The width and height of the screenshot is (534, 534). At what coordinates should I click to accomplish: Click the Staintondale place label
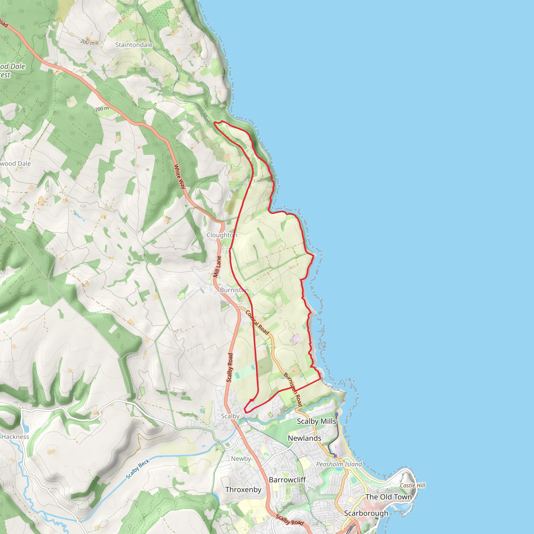(134, 45)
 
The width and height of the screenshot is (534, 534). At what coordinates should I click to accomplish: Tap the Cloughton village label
(222, 235)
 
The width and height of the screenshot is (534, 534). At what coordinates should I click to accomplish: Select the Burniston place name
(234, 290)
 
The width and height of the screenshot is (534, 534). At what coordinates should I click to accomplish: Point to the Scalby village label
(230, 416)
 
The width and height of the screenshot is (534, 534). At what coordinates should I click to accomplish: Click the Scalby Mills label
(316, 421)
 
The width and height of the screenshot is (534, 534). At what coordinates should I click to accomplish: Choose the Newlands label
(304, 438)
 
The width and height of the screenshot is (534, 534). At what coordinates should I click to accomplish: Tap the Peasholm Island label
(339, 464)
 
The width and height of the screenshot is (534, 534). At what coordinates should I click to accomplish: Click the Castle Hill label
(412, 485)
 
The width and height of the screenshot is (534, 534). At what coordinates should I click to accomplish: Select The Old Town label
(388, 497)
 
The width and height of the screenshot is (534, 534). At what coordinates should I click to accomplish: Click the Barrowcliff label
(287, 480)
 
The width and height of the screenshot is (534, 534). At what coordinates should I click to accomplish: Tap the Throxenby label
(243, 489)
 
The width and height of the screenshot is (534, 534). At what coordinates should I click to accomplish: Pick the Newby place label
(241, 459)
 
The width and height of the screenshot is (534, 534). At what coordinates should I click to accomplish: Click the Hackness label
(15, 437)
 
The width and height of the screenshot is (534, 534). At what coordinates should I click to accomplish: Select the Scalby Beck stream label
(138, 469)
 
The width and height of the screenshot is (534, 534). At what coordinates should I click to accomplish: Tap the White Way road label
(180, 176)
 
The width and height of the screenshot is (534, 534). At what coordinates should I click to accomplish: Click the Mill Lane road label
(217, 267)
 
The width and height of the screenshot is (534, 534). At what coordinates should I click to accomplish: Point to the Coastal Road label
(257, 323)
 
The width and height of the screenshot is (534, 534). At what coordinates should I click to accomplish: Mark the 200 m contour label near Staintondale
(87, 42)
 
